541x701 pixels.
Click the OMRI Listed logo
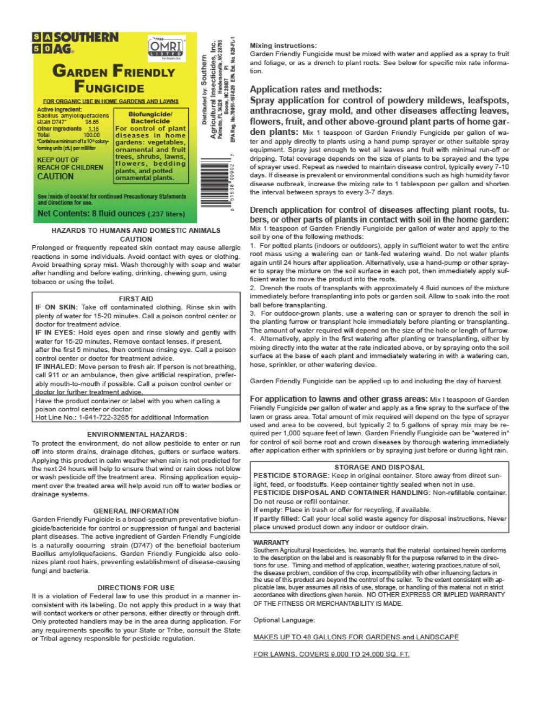pyautogui.click(x=167, y=49)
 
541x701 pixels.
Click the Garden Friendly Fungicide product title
pyautogui.click(x=113, y=78)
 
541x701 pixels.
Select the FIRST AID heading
pyautogui.click(x=136, y=299)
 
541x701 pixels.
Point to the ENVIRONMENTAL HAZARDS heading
pyautogui.click(x=136, y=434)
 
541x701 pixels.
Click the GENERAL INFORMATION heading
pyautogui.click(x=136, y=511)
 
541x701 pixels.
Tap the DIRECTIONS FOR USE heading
pyautogui.click(x=136, y=587)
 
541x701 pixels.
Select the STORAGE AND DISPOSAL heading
pyautogui.click(x=379, y=467)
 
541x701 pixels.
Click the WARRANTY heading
pyautogui.click(x=271, y=542)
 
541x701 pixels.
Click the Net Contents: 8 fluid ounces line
pyautogui.click(x=111, y=213)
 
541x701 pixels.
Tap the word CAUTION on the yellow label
pyautogui.click(x=55, y=176)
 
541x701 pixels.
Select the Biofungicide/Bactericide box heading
pyautogui.click(x=150, y=117)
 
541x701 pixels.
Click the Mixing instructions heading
pyautogui.click(x=283, y=45)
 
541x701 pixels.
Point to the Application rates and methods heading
pyautogui.click(x=315, y=89)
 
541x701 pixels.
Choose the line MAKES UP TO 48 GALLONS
pyautogui.click(x=355, y=637)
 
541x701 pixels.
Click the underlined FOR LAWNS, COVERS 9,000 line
pyautogui.click(x=331, y=654)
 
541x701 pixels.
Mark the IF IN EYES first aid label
pyautogui.click(x=55, y=333)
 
